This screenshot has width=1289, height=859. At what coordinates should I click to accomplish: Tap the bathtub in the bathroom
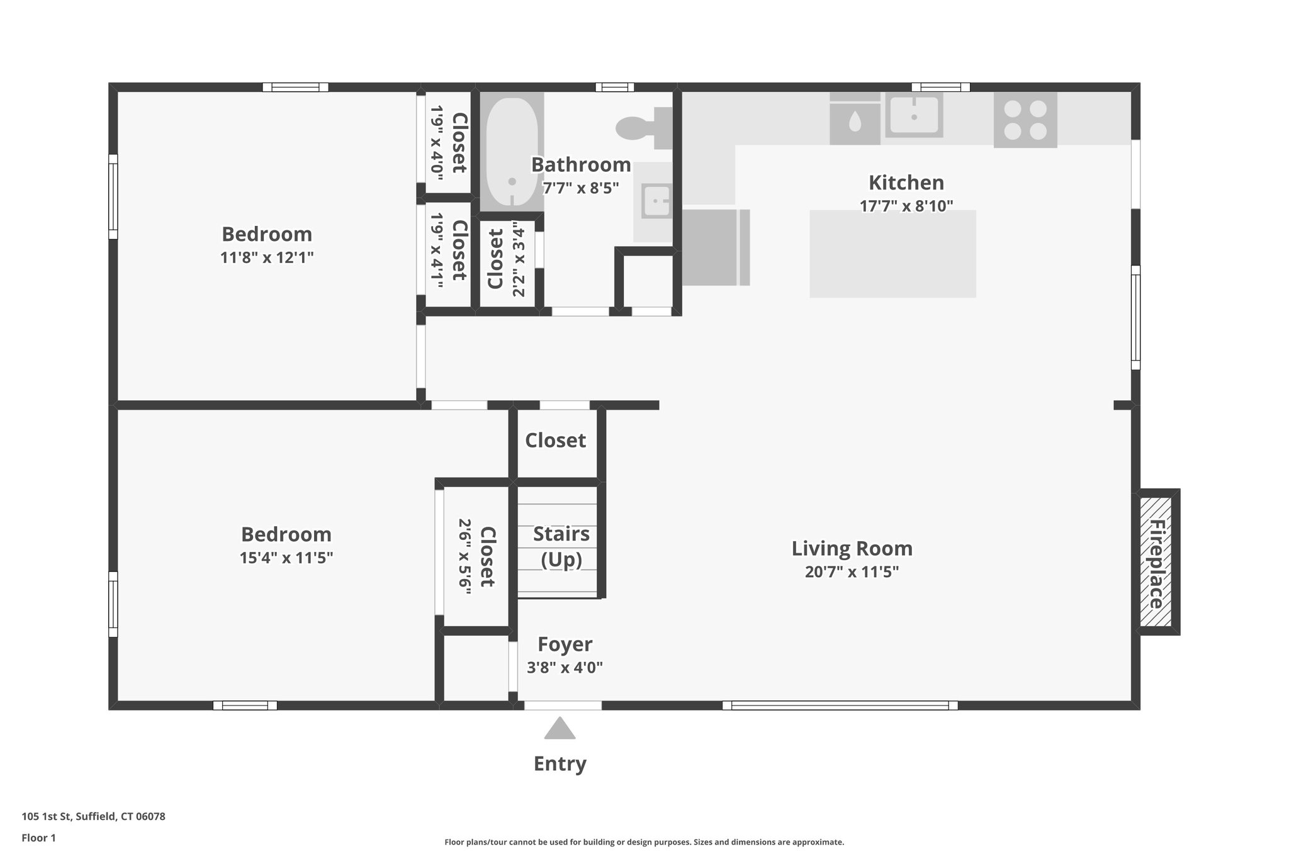pyautogui.click(x=512, y=152)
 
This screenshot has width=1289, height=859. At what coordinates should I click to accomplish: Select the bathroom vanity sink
pyautogui.click(x=655, y=201)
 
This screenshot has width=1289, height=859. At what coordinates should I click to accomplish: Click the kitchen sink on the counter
pyautogui.click(x=914, y=116)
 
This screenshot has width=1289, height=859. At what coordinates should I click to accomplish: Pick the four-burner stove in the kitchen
pyautogui.click(x=1025, y=120)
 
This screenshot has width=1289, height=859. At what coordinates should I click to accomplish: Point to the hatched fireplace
pyautogui.click(x=1156, y=562)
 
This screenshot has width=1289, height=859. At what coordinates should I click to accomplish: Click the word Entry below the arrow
pyautogui.click(x=560, y=763)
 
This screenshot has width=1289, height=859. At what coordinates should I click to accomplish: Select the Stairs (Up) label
pyautogui.click(x=561, y=546)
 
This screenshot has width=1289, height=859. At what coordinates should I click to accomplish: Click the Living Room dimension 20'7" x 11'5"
pyautogui.click(x=852, y=572)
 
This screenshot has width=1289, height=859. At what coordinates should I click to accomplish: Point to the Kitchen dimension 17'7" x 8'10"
pyautogui.click(x=906, y=206)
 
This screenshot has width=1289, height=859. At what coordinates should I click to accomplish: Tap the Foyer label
pyautogui.click(x=565, y=644)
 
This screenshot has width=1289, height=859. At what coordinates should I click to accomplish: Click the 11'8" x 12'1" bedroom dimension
pyautogui.click(x=267, y=257)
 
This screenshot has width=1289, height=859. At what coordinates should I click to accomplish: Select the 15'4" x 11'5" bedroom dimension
pyautogui.click(x=286, y=558)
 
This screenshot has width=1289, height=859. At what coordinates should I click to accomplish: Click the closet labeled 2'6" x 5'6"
pyautogui.click(x=476, y=556)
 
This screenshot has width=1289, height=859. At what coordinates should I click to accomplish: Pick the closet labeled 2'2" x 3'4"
pyautogui.click(x=507, y=259)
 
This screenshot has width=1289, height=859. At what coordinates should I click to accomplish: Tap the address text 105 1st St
pyautogui.click(x=93, y=817)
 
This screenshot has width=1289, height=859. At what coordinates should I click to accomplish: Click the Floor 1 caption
pyautogui.click(x=39, y=838)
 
